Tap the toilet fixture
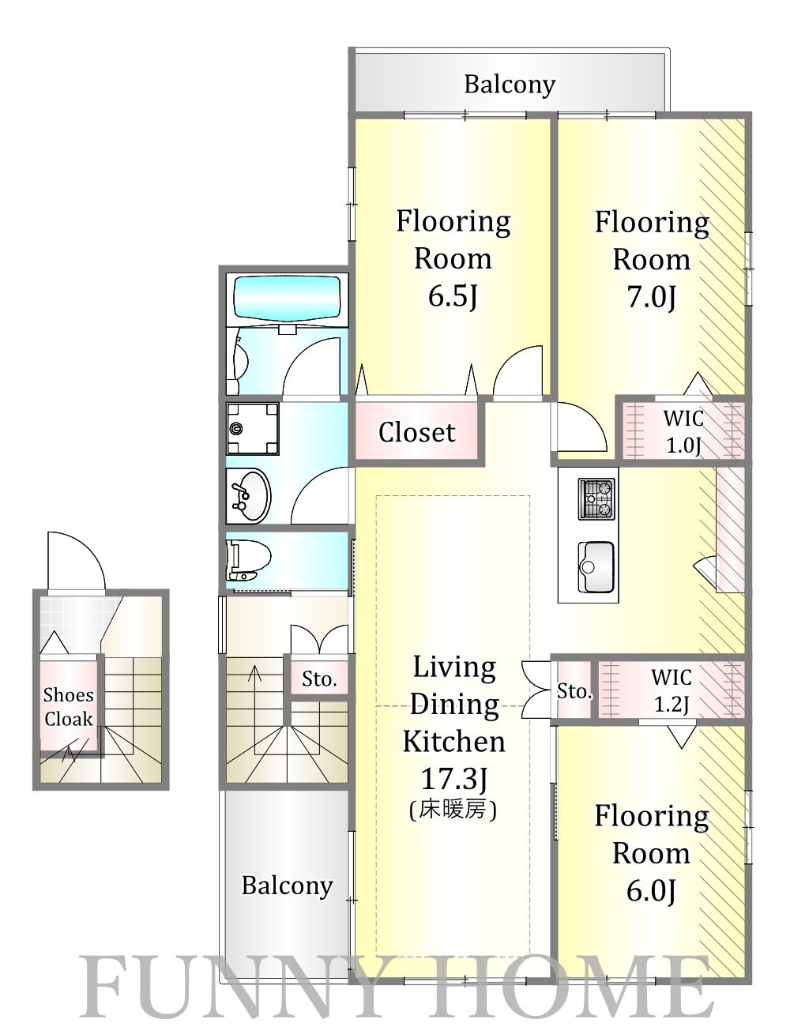pos(248,559)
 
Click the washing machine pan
pos(253,428)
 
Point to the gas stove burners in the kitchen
pos(596,499)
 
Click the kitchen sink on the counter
pos(596,566)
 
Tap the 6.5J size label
pos(453,297)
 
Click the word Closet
pos(417,432)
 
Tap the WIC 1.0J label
pos(683,431)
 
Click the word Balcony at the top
pos(510,85)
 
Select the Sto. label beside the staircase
pos(319,679)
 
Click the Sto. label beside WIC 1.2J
pos(574,691)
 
